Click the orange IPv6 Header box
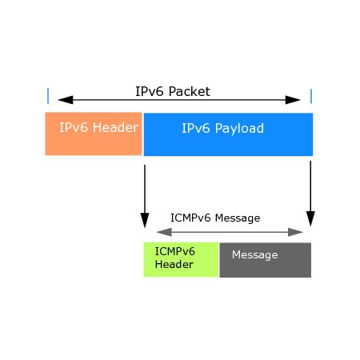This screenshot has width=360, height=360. point(94,134)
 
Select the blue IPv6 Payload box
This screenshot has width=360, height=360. point(228,134)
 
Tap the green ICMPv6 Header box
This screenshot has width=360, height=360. point(181,259)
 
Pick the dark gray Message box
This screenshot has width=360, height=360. point(265,260)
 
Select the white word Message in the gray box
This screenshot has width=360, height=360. point(254,254)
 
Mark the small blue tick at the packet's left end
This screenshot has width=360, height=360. point(48,96)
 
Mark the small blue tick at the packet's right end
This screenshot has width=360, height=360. point(310,96)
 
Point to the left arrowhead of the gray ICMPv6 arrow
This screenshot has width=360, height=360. point(150,232)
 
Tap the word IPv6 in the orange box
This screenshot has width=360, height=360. point(74,127)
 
